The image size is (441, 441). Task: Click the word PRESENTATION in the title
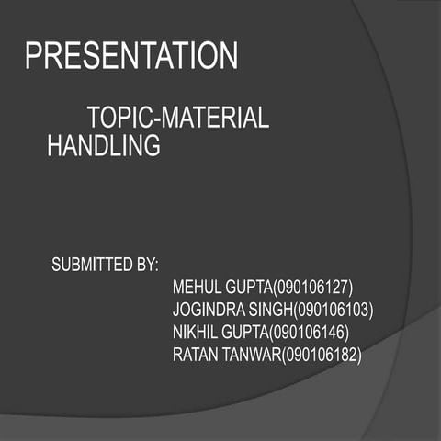(131, 56)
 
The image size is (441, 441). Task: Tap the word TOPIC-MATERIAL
(177, 119)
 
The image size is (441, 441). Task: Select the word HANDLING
(103, 145)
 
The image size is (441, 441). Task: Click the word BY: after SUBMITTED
(147, 266)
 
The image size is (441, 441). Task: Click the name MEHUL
(196, 286)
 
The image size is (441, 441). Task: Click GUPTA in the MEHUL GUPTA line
(246, 286)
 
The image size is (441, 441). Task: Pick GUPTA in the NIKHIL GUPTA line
(244, 331)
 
